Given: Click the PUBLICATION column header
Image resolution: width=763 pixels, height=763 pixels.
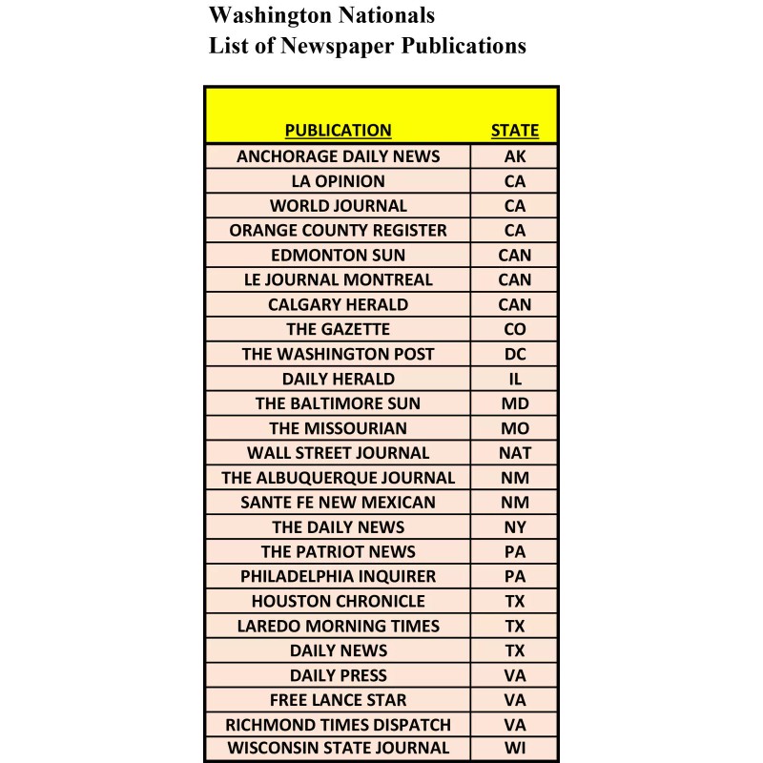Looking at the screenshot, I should click(x=338, y=131).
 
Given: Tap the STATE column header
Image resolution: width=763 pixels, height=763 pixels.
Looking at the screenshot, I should click(x=514, y=131).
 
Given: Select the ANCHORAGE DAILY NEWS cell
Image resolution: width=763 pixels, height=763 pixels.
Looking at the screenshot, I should click(x=338, y=156).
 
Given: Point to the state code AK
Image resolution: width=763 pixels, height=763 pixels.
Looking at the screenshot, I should click(x=514, y=156).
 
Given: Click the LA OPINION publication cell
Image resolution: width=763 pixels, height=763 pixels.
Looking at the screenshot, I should click(x=338, y=181).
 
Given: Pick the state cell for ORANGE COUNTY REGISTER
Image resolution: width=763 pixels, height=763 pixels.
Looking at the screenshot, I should click(x=514, y=230).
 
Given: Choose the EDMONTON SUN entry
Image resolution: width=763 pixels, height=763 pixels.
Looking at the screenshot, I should click(x=338, y=255).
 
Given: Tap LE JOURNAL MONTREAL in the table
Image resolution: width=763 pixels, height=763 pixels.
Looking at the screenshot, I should click(x=338, y=279).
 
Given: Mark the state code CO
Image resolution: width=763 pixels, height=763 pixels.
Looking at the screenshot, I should click(x=514, y=329).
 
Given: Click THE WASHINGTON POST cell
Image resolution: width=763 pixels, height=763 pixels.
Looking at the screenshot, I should click(x=338, y=354).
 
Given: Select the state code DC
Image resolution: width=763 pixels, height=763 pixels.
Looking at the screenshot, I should click(x=514, y=354).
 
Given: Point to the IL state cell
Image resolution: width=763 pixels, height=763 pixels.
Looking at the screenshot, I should click(x=514, y=379).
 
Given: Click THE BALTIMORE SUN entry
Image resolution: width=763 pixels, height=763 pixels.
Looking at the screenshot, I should click(x=338, y=403).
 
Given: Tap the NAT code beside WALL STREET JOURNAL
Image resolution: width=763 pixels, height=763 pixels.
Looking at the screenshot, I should click(x=514, y=453).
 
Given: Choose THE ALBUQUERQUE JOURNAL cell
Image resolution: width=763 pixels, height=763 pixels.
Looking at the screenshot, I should click(x=338, y=478).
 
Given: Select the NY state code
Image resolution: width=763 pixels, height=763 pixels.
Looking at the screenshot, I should click(x=514, y=526).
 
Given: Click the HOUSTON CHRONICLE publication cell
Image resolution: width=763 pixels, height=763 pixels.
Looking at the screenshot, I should click(x=338, y=601).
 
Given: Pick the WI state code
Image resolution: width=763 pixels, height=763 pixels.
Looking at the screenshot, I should click(x=514, y=749).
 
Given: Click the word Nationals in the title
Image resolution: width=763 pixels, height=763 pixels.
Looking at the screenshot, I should click(x=385, y=16).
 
